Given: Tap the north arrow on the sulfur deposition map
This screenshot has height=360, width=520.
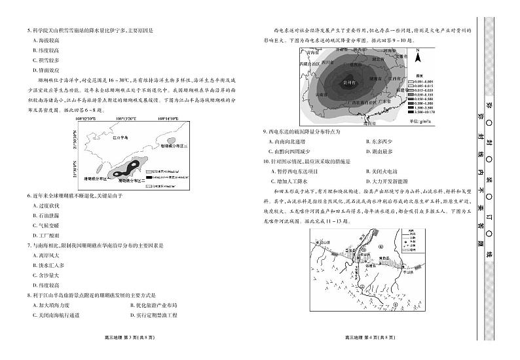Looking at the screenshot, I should coord(417,57).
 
